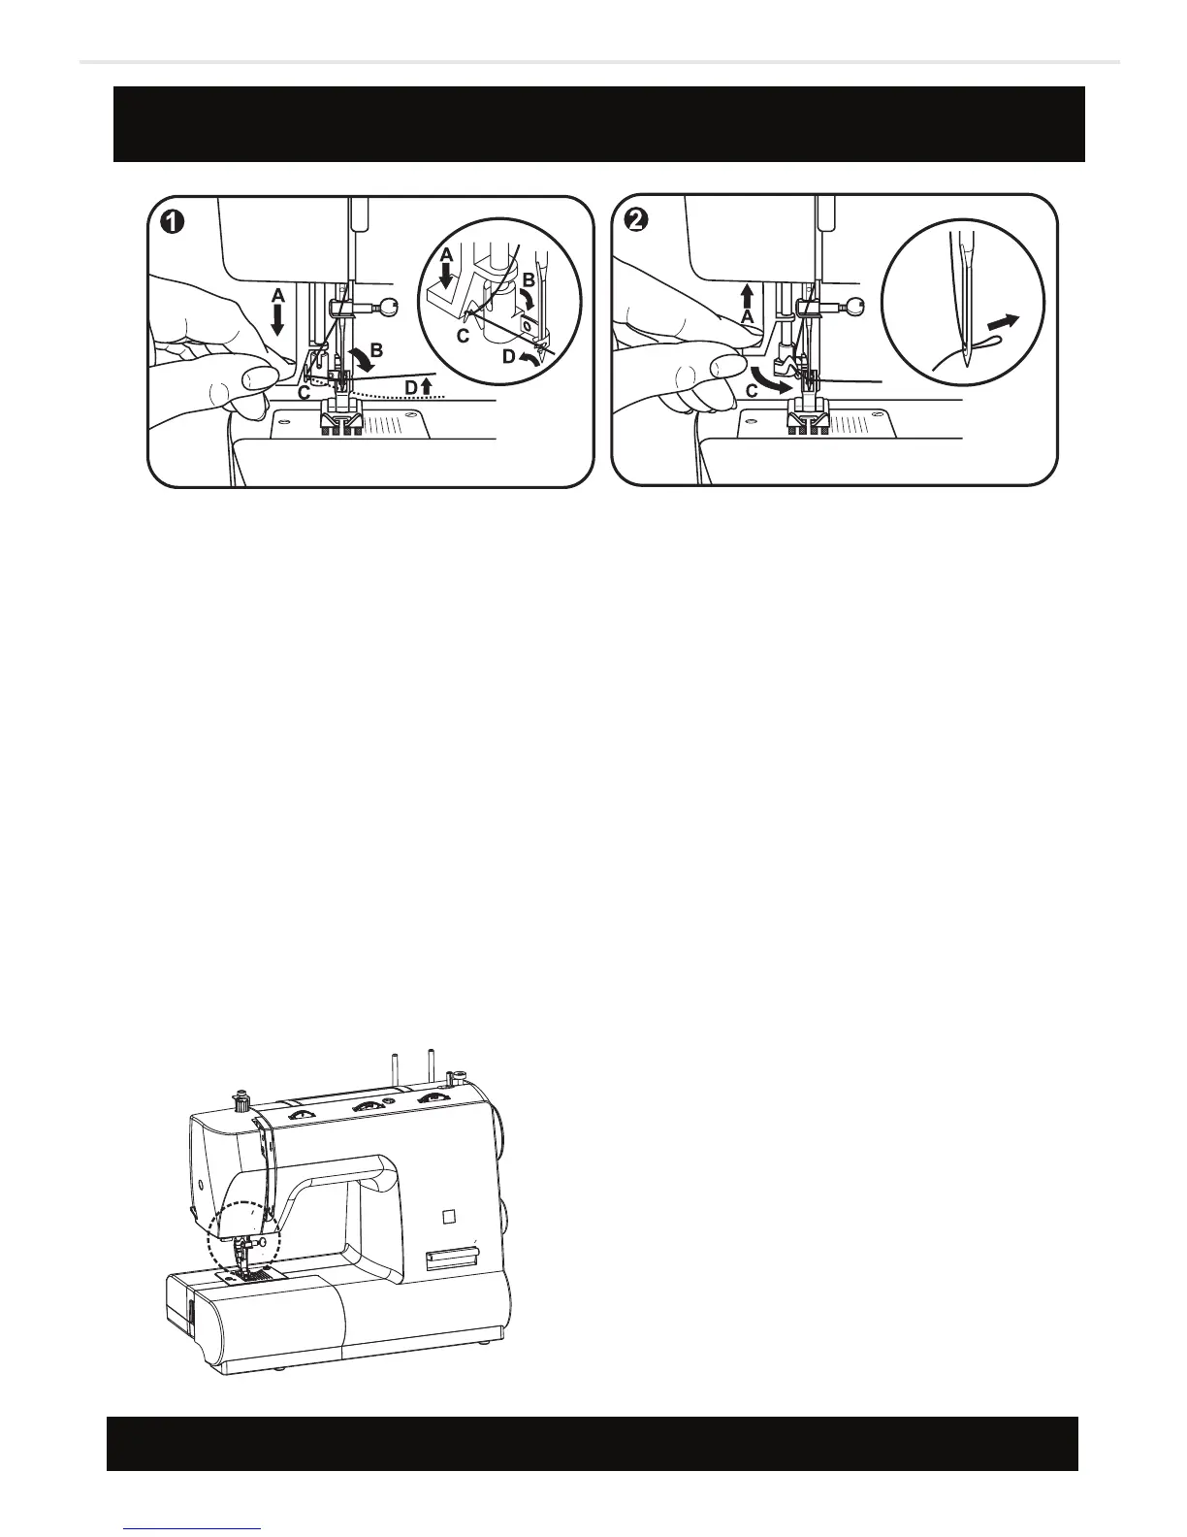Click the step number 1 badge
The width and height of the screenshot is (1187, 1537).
(171, 221)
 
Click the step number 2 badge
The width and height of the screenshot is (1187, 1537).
(636, 221)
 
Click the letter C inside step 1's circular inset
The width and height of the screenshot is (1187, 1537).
(463, 335)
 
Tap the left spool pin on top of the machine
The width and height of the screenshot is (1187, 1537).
(395, 1067)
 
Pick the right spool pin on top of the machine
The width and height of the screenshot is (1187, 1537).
(429, 1063)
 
